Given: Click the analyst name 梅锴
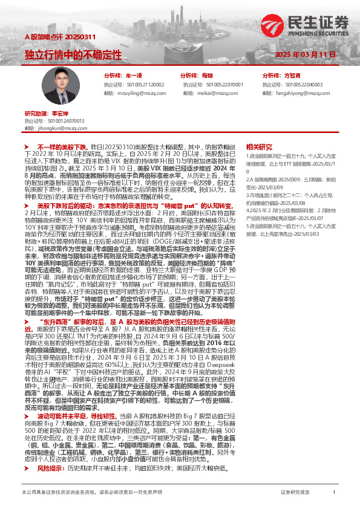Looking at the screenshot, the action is (x=208, y=76).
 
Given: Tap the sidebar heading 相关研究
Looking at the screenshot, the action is (x=258, y=147).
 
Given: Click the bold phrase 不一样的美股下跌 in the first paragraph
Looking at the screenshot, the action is (x=62, y=148).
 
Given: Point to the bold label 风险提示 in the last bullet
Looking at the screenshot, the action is (x=50, y=452).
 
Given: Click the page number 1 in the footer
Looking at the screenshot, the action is (x=334, y=493).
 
